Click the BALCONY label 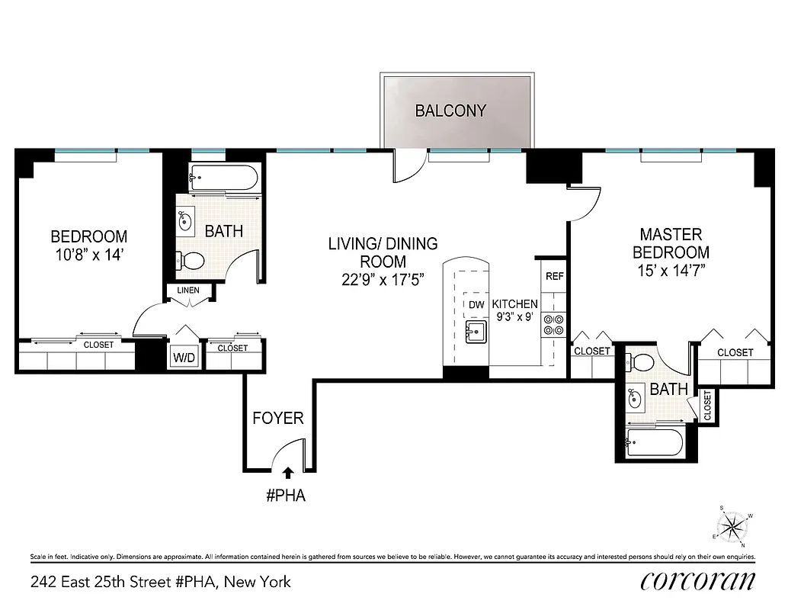pos(450,111)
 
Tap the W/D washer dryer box pos(182,357)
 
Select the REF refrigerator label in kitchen pos(554,276)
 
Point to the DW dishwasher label pos(476,305)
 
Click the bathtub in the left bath pos(223,179)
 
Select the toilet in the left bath pos(190,262)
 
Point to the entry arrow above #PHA pos(288,474)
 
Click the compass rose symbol pos(735,525)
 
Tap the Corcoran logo pos(698,580)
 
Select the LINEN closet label pos(188,291)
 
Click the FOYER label pos(278,418)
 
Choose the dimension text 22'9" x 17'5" pos(383,279)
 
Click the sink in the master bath pos(634,397)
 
